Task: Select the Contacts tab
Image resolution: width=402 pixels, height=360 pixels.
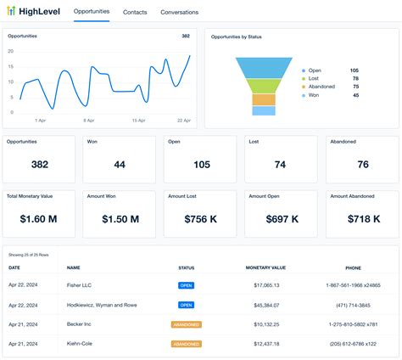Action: tap(135, 13)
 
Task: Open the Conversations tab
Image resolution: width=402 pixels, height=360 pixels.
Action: tap(179, 13)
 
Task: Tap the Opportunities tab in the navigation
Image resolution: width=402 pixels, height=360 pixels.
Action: tap(91, 12)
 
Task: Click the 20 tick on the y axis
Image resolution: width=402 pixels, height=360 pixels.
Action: tap(11, 51)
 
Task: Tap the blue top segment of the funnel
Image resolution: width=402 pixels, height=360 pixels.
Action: tap(264, 66)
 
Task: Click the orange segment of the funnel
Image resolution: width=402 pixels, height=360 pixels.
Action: tap(264, 99)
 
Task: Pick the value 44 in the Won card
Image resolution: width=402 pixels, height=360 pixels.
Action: tap(119, 165)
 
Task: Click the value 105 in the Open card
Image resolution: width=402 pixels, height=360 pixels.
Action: tap(201, 165)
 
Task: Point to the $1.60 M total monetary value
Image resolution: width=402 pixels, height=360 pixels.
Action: tap(39, 219)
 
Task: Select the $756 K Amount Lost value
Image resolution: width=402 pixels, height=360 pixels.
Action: tap(201, 219)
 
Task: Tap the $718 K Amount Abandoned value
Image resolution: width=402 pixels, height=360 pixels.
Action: tap(363, 219)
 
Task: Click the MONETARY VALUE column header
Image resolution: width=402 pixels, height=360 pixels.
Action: tap(265, 267)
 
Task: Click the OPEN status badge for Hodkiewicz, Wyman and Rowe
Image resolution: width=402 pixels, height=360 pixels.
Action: tap(186, 305)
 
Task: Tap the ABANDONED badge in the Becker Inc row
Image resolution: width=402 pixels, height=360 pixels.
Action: tap(186, 324)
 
